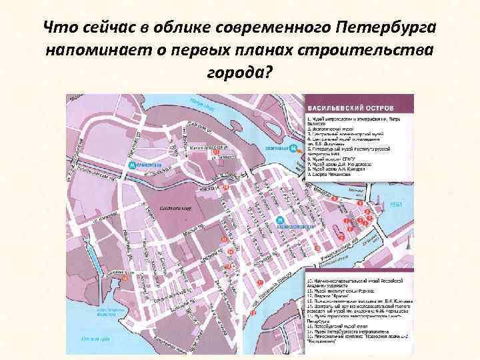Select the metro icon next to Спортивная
[x=293, y=149]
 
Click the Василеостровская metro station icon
[x=281, y=221]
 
